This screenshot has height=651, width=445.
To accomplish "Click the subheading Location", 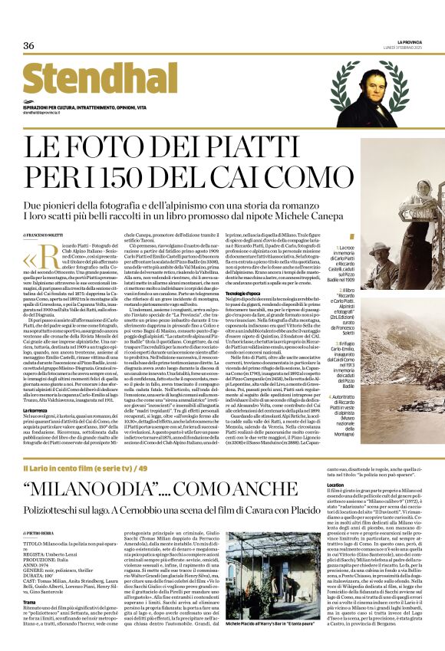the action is click(x=335, y=485).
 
